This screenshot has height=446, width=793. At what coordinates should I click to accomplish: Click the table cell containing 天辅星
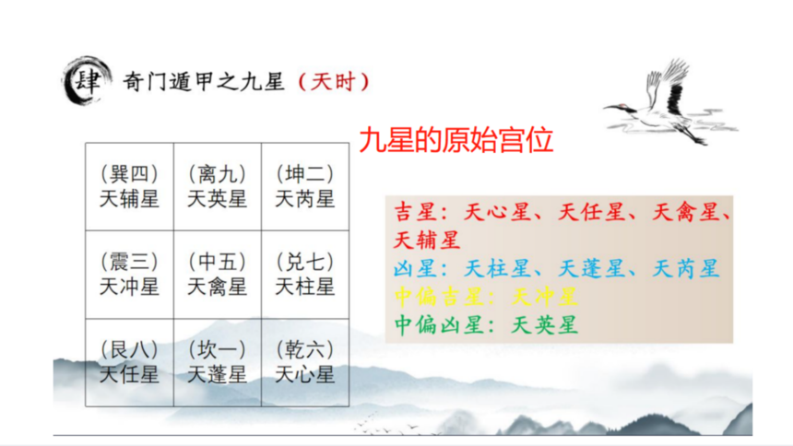(129, 186)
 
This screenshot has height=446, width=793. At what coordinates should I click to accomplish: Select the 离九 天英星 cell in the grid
(218, 186)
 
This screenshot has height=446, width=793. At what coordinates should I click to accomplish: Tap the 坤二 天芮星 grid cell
(305, 186)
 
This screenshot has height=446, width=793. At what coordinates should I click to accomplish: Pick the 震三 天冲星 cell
(129, 275)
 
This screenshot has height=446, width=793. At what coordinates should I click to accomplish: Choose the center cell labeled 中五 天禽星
(218, 275)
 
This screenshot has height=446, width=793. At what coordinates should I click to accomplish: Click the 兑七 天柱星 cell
(305, 275)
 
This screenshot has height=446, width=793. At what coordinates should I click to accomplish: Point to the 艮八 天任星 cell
(129, 362)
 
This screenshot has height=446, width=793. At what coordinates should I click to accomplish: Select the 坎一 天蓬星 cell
(218, 362)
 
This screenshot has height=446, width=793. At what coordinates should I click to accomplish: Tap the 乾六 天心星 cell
(305, 362)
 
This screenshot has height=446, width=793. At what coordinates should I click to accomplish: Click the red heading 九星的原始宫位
(456, 140)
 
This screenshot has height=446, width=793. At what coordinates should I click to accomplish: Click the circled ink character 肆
(87, 81)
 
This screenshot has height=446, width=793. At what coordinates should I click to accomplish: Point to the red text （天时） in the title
(334, 82)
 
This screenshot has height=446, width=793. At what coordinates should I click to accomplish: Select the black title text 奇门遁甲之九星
(204, 81)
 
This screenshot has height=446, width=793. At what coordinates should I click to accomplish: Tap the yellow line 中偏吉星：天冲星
(486, 297)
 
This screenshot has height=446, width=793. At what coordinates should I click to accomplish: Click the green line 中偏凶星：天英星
(486, 324)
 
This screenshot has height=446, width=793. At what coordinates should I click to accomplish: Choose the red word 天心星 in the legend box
(498, 212)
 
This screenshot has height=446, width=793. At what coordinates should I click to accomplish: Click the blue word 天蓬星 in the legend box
(592, 268)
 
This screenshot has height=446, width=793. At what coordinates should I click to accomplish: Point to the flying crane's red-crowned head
(623, 107)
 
